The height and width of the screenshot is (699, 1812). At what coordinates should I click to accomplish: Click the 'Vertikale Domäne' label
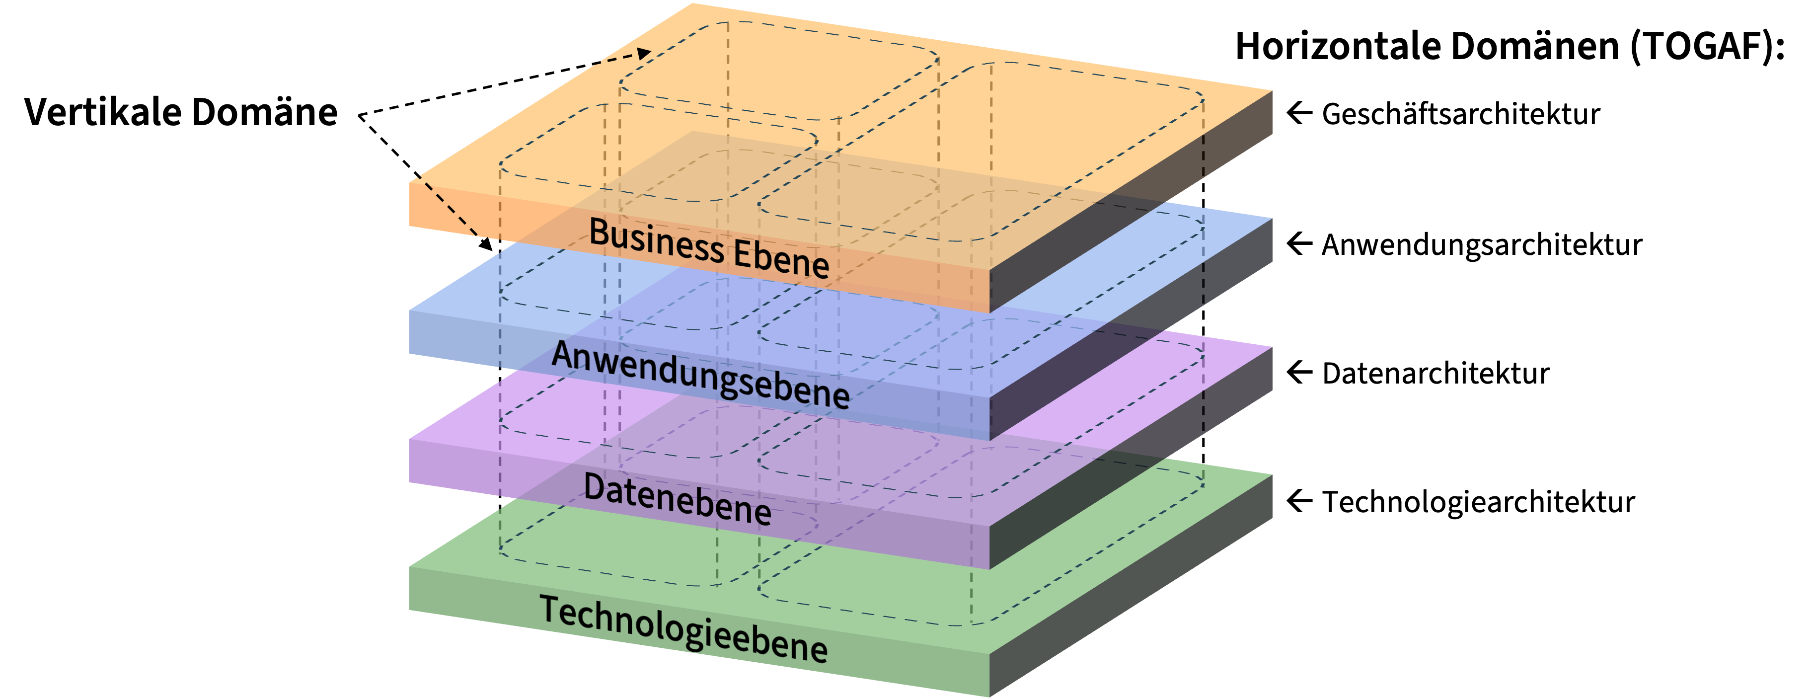click(x=181, y=112)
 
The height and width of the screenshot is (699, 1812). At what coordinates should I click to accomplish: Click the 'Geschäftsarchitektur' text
click(x=1460, y=114)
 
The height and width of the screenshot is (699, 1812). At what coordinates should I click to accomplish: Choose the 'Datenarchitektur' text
click(x=1435, y=374)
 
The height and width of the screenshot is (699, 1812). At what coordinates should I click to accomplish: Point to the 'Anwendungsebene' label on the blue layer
click(x=700, y=374)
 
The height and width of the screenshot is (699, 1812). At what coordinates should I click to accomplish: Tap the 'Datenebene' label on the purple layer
click(x=678, y=499)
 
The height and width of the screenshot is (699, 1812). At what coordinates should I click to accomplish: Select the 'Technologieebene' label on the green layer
click(x=683, y=628)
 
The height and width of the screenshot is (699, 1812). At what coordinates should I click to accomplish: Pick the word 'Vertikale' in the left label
click(x=102, y=112)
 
